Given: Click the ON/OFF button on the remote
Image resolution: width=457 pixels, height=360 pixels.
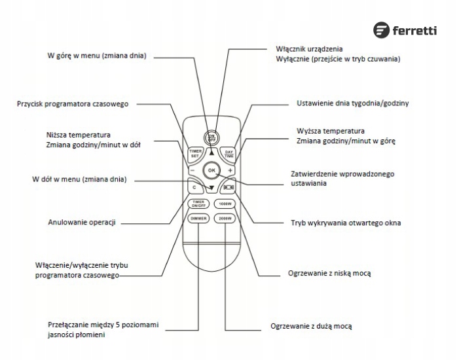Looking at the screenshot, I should click(x=211, y=138).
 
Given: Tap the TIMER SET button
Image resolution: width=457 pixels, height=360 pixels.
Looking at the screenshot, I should click(x=194, y=153).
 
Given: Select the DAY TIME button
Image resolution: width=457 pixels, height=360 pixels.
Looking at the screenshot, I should click(x=228, y=153).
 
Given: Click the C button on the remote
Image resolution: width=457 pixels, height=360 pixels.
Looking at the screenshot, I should click(x=194, y=187).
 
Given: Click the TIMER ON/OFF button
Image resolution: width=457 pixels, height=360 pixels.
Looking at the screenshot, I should click(x=198, y=203).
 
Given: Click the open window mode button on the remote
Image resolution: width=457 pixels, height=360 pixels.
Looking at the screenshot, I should click(x=227, y=187).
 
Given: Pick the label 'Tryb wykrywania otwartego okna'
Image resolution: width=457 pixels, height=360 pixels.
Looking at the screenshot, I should click(x=346, y=223).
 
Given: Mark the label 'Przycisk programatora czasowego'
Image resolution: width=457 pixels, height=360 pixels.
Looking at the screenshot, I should click(x=73, y=104).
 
